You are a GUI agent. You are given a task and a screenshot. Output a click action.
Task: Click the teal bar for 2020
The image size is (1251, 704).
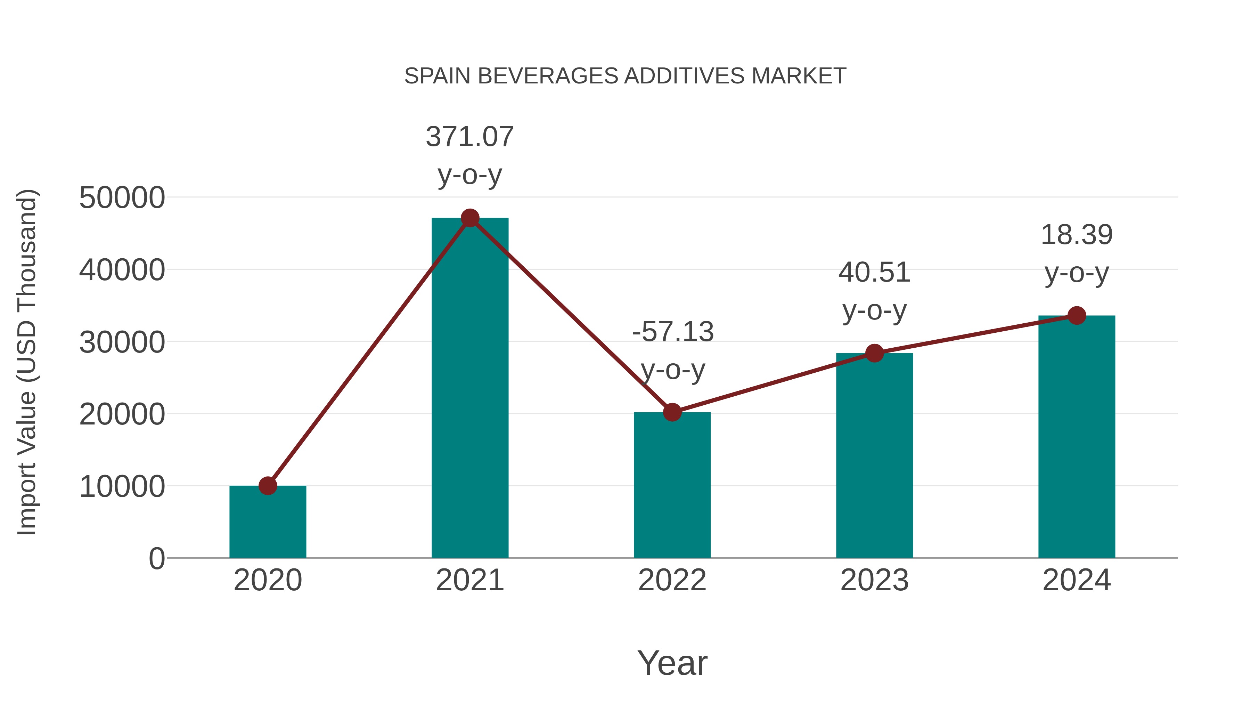pyautogui.click(x=268, y=522)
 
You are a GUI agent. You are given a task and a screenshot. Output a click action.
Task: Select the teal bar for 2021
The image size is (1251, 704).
pyautogui.click(x=469, y=389)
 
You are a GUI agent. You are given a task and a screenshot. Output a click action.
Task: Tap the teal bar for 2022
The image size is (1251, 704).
pyautogui.click(x=672, y=486)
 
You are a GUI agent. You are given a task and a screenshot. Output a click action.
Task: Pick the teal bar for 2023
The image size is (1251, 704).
pyautogui.click(x=874, y=457)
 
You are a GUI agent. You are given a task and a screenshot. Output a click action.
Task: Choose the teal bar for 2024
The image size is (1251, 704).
pyautogui.click(x=1077, y=437)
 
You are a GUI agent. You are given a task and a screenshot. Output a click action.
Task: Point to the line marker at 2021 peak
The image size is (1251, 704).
pyautogui.click(x=469, y=218)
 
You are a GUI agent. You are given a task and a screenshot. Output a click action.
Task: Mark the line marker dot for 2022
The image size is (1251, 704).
pyautogui.click(x=672, y=412)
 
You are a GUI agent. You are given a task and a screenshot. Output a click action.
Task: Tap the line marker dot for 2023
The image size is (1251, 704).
pyautogui.click(x=874, y=353)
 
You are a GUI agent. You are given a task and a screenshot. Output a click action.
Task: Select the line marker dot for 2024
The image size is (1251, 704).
pyautogui.click(x=1077, y=316)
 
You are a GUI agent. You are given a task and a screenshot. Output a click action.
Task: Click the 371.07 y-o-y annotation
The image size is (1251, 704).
pyautogui.click(x=469, y=155)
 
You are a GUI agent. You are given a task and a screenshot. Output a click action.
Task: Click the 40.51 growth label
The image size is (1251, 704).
pyautogui.click(x=874, y=292)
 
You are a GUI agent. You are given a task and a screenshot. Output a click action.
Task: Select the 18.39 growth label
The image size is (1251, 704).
pyautogui.click(x=1077, y=254)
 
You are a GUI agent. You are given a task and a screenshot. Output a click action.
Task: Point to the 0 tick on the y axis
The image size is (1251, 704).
pyautogui.click(x=156, y=559)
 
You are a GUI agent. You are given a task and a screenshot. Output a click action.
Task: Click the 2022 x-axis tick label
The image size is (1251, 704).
pyautogui.click(x=672, y=580)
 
